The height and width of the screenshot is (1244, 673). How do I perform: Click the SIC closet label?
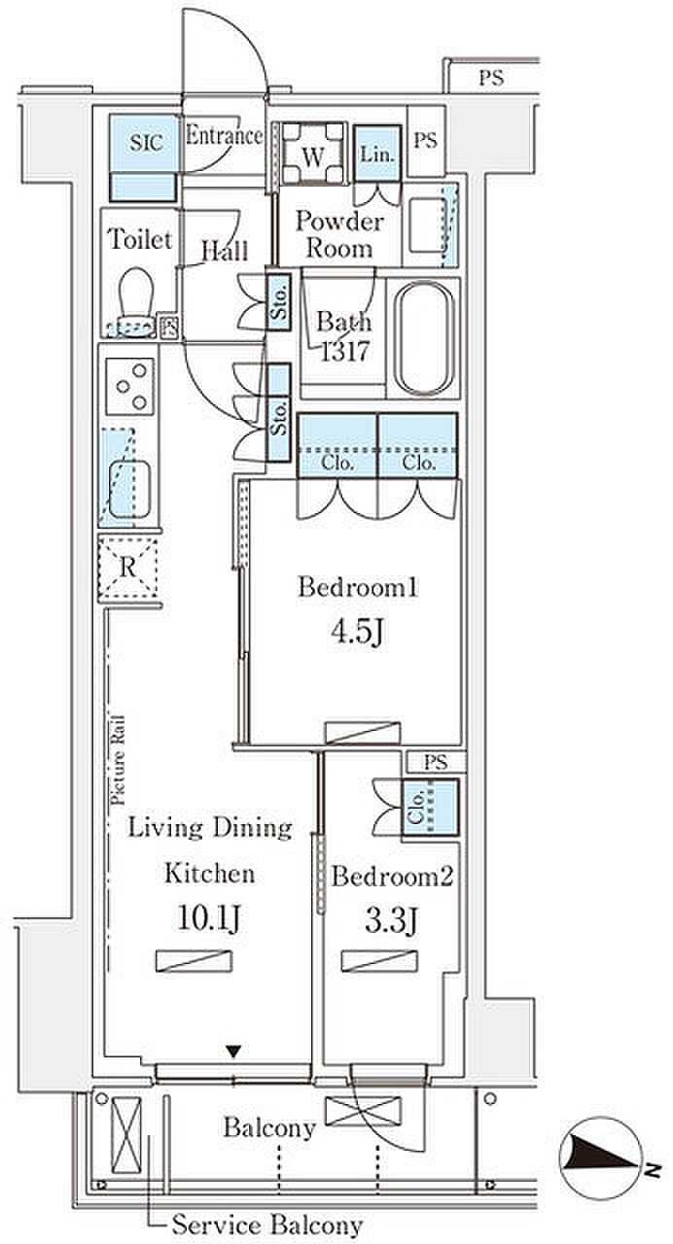coord(146,143)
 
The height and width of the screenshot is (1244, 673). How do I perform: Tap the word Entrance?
coord(224,135)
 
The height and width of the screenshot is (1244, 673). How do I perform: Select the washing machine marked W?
coord(313,154)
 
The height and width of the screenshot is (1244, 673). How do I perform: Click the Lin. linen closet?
coord(377,153)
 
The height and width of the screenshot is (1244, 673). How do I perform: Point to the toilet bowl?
coord(136,300)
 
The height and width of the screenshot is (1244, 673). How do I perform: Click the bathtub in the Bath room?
coord(424,338)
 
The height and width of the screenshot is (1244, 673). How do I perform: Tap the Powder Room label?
coord(339,235)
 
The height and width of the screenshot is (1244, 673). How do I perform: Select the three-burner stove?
coord(130,387)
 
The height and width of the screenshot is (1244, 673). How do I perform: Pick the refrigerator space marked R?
coord(127,567)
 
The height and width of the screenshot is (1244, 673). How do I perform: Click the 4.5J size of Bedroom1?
coord(357,632)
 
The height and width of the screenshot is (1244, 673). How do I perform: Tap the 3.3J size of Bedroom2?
coord(391,921)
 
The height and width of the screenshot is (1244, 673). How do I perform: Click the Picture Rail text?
coord(118,760)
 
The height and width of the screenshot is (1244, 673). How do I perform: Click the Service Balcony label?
coord(267,1224)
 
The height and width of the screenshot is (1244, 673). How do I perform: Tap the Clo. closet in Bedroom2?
coord(430,808)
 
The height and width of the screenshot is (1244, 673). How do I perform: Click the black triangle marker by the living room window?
coord(234,1051)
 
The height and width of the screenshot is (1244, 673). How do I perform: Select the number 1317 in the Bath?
coord(345,351)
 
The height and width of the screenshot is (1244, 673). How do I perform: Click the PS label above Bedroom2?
coord(435,761)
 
